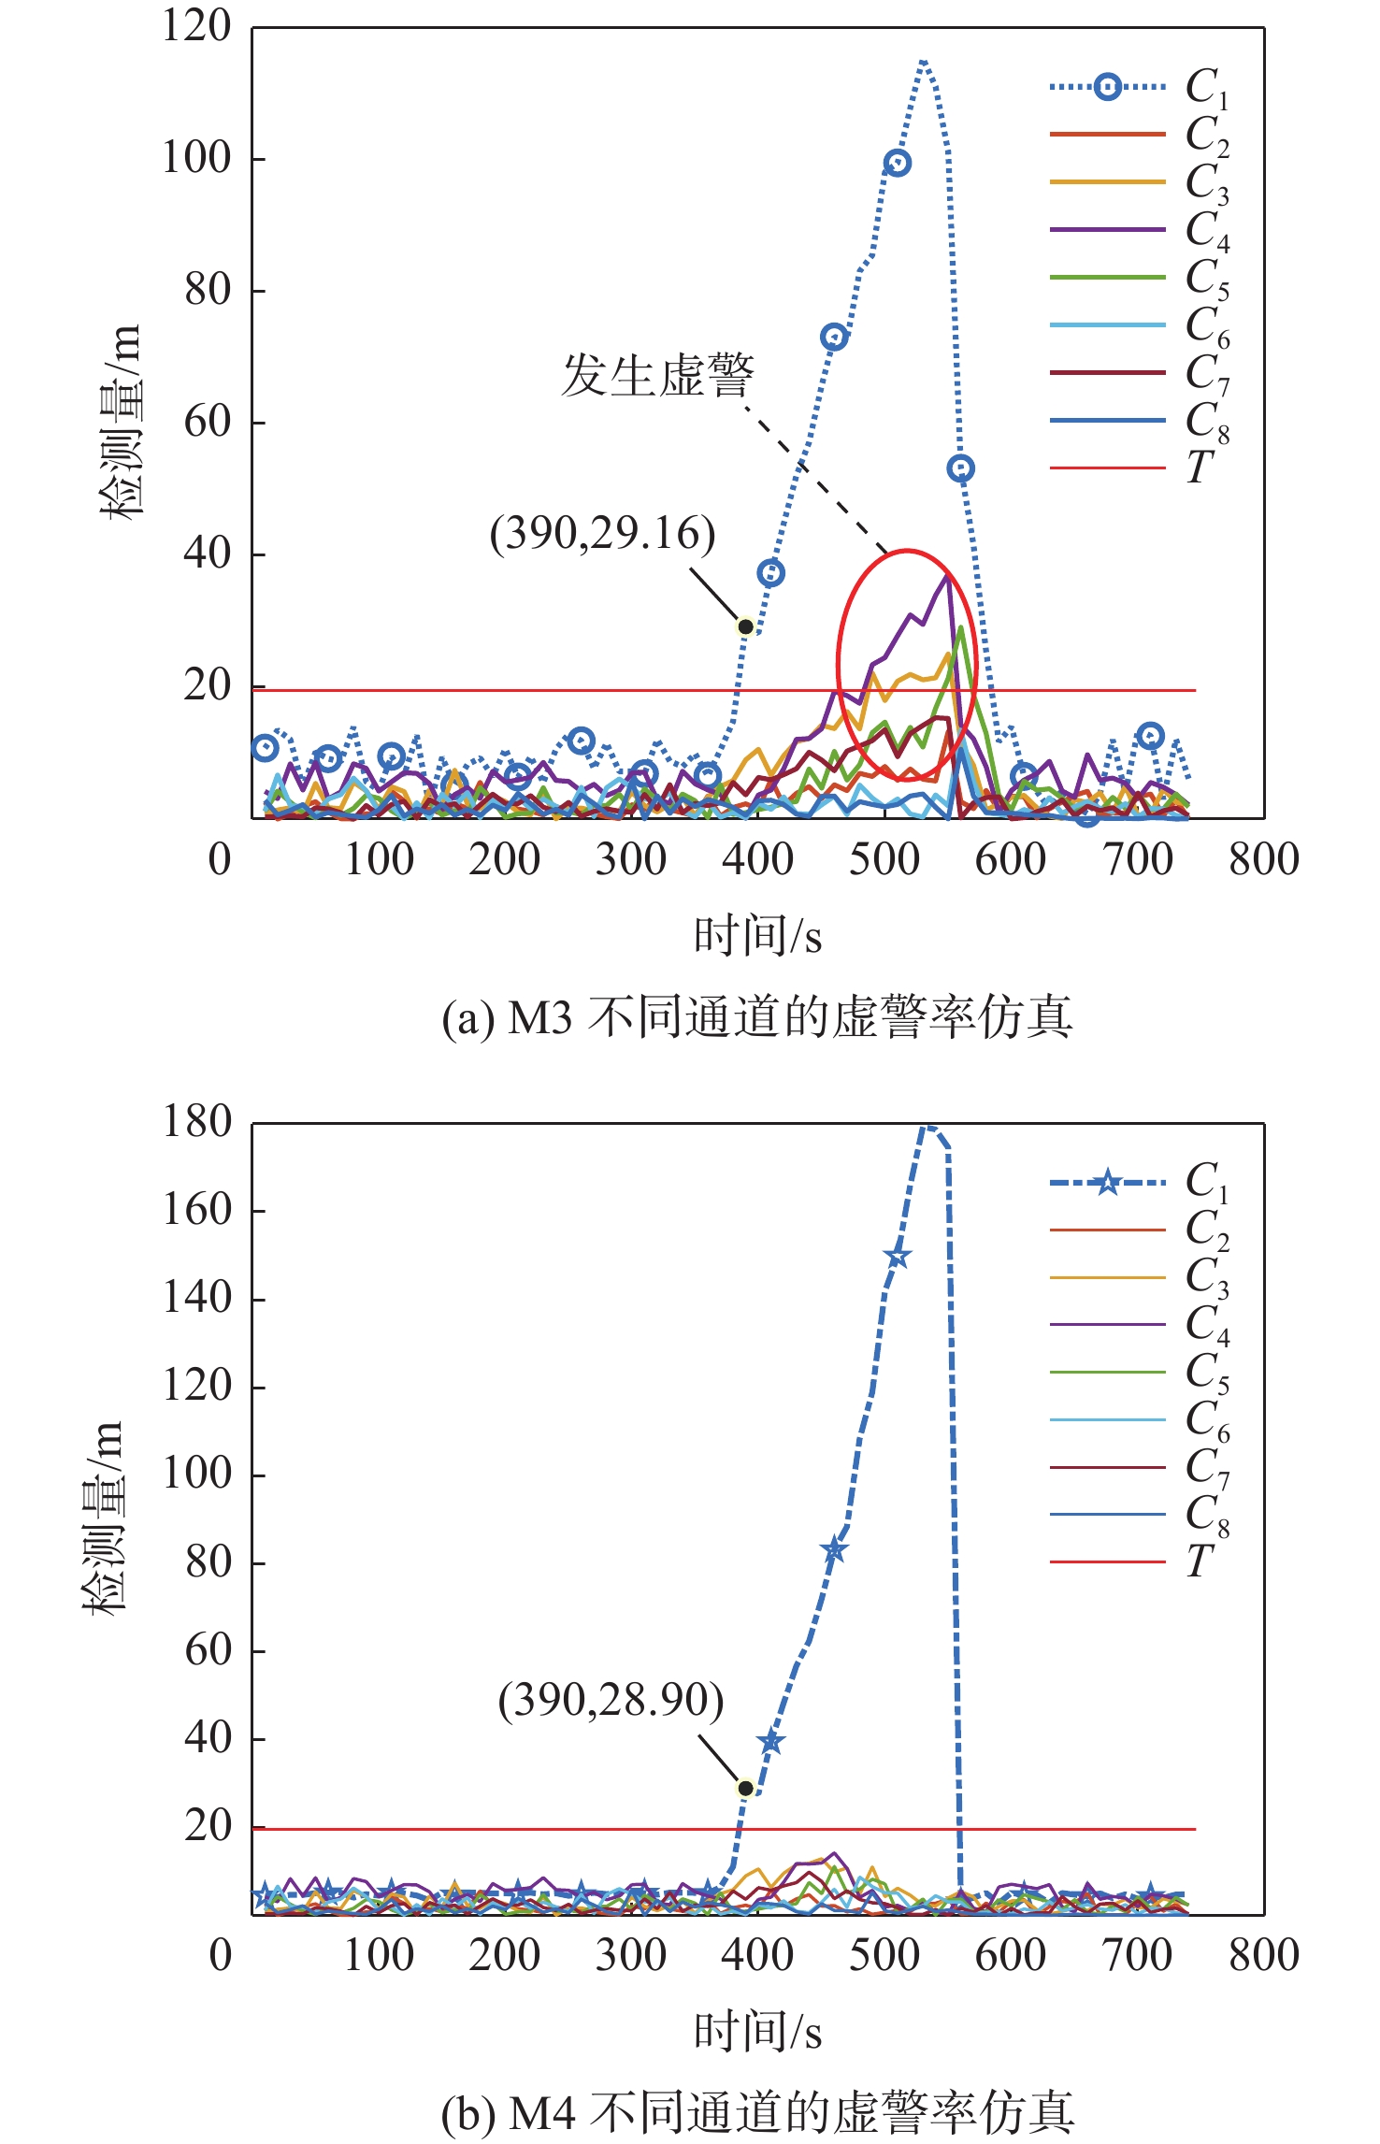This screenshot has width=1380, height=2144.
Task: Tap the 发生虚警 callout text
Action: (x=657, y=376)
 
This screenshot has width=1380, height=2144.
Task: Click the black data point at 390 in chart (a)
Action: (x=745, y=626)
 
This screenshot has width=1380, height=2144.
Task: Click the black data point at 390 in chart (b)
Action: (x=745, y=1788)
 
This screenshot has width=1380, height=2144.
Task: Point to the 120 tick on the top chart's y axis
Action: (x=196, y=26)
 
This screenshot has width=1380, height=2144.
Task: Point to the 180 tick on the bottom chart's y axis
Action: (x=196, y=1122)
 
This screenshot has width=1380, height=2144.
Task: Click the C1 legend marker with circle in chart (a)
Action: (x=1107, y=87)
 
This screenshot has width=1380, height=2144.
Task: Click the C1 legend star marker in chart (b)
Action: (x=1107, y=1182)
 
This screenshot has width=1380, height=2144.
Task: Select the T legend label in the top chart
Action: (x=1200, y=467)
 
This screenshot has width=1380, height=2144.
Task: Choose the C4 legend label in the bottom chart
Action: (x=1206, y=1326)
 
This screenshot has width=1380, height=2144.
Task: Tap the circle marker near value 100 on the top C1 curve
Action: (x=897, y=164)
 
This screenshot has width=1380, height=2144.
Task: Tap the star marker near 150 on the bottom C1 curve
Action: (x=897, y=1257)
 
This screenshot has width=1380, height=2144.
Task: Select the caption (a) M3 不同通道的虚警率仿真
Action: (x=757, y=1017)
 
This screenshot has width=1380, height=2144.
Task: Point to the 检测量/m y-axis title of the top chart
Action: (x=122, y=421)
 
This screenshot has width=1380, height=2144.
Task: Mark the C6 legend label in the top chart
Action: (x=1206, y=326)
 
